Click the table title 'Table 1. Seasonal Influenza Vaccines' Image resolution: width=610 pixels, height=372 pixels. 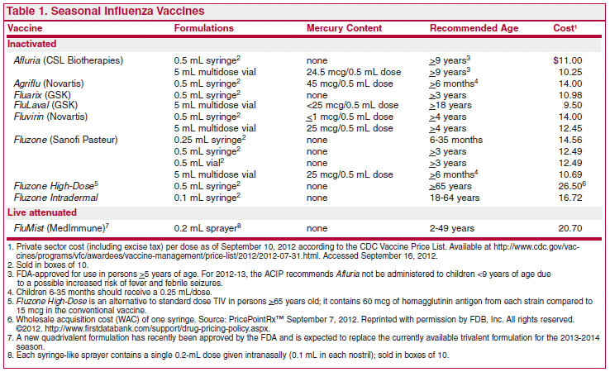(106, 11)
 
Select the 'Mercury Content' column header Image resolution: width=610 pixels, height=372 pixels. (345, 28)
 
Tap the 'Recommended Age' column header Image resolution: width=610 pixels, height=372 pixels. (474, 28)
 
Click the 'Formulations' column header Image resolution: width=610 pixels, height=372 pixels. (204, 28)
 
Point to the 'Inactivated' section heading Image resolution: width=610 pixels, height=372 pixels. (32, 44)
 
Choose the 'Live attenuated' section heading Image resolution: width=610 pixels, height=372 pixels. (42, 212)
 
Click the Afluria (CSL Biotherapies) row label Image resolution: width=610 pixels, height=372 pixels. (69, 60)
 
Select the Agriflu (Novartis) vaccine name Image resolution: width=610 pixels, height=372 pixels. (49, 83)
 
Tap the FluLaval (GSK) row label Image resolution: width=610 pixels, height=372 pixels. (45, 105)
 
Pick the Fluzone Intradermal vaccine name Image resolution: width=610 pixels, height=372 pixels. (56, 198)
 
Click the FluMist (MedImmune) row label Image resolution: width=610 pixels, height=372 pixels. (61, 228)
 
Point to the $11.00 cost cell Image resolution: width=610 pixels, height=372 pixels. (568, 60)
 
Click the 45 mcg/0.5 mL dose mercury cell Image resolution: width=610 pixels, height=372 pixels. (350, 83)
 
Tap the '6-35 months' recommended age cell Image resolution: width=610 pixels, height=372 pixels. (456, 140)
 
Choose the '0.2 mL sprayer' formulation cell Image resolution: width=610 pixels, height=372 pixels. (207, 228)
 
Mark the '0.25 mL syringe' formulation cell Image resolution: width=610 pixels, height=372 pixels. (210, 140)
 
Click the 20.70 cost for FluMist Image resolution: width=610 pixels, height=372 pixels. (570, 228)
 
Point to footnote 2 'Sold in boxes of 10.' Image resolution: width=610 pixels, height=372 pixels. (48, 265)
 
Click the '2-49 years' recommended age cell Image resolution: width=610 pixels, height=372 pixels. (452, 228)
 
